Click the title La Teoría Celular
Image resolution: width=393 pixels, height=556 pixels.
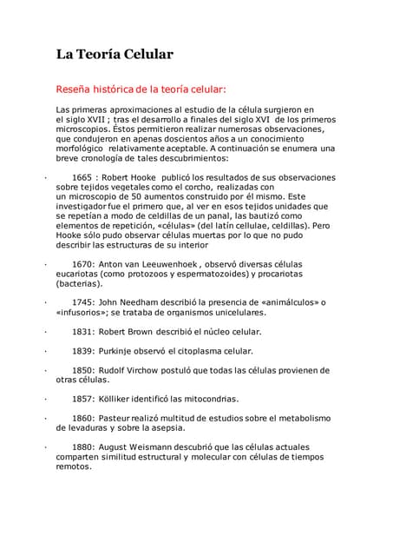[x=115, y=54]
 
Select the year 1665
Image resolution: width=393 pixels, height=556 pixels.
[x=82, y=177]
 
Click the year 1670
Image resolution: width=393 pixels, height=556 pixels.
[x=82, y=263]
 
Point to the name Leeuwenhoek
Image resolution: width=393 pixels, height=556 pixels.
[x=173, y=263]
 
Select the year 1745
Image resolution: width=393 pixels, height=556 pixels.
[x=82, y=302]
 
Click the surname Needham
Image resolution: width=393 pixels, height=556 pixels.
[x=138, y=302]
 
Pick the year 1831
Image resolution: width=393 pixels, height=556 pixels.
[x=82, y=331]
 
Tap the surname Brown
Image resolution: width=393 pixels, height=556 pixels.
[x=141, y=331]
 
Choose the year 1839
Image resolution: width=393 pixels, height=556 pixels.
[x=82, y=350]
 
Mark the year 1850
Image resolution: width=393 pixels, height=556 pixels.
[x=82, y=369]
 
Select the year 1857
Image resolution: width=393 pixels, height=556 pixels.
[x=82, y=399]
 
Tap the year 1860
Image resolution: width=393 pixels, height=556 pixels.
[x=82, y=418]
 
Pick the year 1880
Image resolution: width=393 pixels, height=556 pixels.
[x=82, y=447]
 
